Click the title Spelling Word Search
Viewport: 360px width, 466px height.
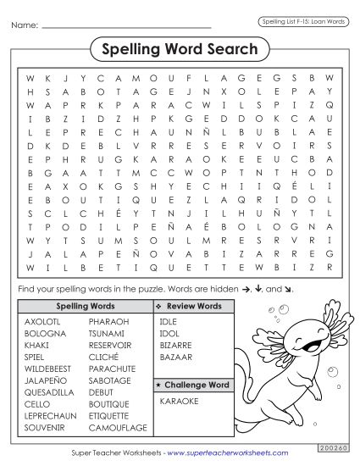(180, 50)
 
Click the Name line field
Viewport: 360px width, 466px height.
(127, 25)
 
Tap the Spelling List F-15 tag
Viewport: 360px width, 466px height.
(302, 21)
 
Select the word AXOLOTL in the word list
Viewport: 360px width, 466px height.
(42, 322)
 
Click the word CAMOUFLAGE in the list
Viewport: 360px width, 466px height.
(118, 428)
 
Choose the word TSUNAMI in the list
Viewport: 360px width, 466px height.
(108, 334)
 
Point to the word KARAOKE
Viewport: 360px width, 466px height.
(179, 399)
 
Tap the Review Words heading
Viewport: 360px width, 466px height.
(194, 306)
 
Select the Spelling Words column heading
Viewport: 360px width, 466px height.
(85, 306)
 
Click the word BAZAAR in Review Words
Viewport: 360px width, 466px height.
(176, 358)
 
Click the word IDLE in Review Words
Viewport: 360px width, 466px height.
(169, 322)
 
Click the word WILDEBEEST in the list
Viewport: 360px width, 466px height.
(50, 369)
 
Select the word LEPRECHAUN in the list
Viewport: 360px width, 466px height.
(52, 416)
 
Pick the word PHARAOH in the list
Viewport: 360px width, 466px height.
(109, 322)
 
